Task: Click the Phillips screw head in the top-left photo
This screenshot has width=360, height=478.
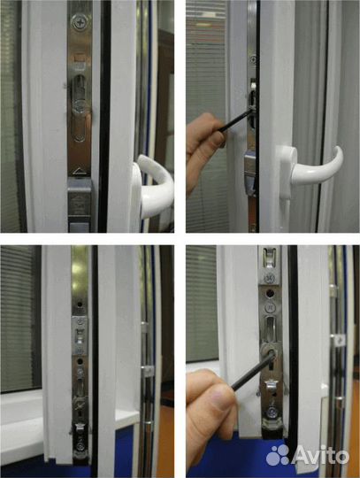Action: tap(80, 22)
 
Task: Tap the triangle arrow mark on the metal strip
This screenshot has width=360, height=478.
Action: tap(80, 171)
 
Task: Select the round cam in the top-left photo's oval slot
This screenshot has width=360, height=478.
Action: tap(80, 106)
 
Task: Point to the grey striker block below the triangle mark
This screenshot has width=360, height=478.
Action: tap(80, 200)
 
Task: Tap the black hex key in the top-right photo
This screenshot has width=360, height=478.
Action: tap(235, 121)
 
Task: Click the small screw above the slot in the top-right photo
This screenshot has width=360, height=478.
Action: tap(253, 59)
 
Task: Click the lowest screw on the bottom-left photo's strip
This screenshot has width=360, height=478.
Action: tap(80, 447)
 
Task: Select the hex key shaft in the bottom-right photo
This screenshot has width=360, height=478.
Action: tap(252, 371)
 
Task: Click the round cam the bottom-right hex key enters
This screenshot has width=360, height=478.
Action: tap(270, 352)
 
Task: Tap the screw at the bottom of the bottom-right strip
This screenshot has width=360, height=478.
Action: tap(272, 413)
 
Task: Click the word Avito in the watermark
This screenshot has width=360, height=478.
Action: tap(320, 456)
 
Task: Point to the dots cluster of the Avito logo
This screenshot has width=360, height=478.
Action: tap(278, 455)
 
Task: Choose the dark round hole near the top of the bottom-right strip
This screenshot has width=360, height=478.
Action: tap(270, 293)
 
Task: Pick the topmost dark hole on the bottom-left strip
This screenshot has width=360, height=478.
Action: tap(80, 305)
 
